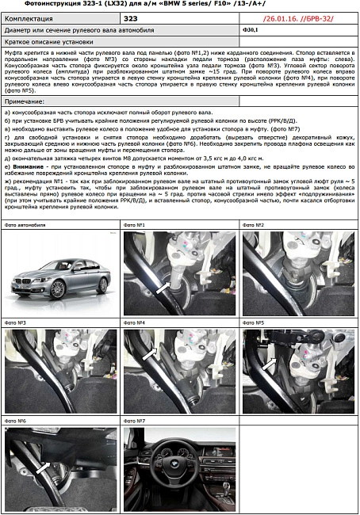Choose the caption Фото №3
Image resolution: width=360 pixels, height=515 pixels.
coord(15,323)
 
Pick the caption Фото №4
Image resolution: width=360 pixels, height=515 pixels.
coord(134,323)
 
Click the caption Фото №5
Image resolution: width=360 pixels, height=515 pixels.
coord(253,323)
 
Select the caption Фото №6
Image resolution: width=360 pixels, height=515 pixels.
coord(15,421)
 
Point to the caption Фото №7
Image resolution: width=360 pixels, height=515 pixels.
coord(134,421)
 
